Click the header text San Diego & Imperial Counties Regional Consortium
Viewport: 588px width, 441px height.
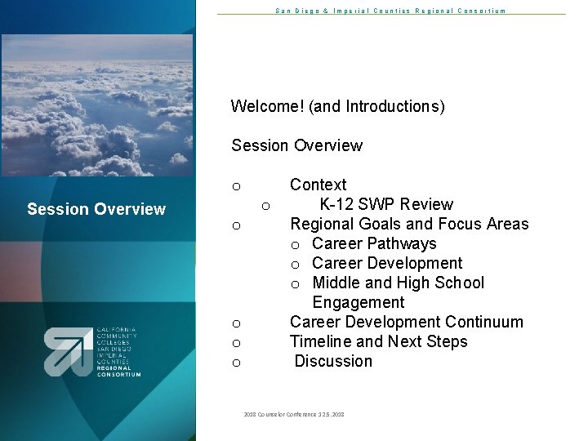pyautogui.click(x=390, y=11)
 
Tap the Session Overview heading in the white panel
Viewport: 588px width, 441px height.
pyautogui.click(x=296, y=146)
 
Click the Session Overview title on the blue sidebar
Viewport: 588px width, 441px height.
pyautogui.click(x=96, y=210)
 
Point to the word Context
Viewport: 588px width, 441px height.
pyautogui.click(x=318, y=185)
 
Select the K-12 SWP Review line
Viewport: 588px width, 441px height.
pyautogui.click(x=385, y=205)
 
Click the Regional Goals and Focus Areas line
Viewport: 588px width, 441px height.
pyautogui.click(x=409, y=225)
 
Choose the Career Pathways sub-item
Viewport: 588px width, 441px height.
pyautogui.click(x=374, y=244)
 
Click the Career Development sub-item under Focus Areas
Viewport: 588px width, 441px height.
pyautogui.click(x=386, y=264)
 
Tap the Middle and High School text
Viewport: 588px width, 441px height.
pyautogui.click(x=398, y=283)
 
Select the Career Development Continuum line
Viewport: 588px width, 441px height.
pyautogui.click(x=406, y=323)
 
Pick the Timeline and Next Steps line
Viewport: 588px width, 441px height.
pyautogui.click(x=378, y=342)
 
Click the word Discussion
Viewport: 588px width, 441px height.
pyautogui.click(x=333, y=362)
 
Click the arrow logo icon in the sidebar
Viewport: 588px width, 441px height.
pyautogui.click(x=68, y=352)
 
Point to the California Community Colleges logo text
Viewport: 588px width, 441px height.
pyautogui.click(x=118, y=352)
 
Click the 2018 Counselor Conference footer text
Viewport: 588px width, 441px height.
pyautogui.click(x=293, y=415)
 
